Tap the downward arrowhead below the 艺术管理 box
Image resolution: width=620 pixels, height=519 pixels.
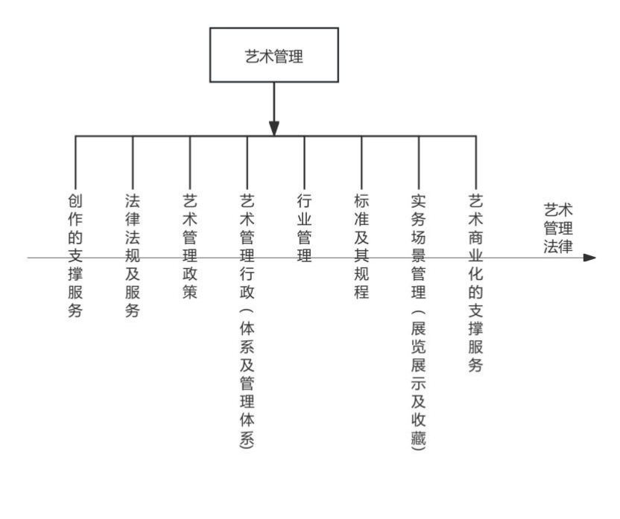click(x=274, y=128)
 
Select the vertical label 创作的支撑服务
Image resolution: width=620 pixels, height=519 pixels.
click(x=75, y=255)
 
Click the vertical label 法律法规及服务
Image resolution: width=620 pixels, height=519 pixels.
click(x=133, y=255)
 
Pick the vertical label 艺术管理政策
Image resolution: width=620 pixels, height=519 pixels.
click(x=190, y=246)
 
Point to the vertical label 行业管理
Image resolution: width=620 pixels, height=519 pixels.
click(x=305, y=229)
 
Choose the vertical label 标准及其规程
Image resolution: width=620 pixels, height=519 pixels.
click(x=361, y=246)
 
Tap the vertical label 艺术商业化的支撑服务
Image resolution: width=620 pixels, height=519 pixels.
click(x=475, y=283)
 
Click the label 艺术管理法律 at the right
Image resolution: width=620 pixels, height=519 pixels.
click(x=558, y=229)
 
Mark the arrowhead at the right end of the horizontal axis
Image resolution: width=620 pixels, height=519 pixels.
click(x=589, y=258)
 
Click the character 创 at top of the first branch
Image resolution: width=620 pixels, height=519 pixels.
click(x=75, y=201)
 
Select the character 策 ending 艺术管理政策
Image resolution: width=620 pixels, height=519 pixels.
click(x=190, y=293)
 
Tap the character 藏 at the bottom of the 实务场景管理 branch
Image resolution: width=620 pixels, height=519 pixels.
click(x=418, y=438)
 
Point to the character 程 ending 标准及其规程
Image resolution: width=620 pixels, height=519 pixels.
click(x=361, y=293)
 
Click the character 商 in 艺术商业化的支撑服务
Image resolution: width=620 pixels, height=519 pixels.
click(x=475, y=238)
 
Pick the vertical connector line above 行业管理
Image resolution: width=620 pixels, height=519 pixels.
click(x=305, y=162)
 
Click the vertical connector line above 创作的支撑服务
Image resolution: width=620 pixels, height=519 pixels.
click(x=75, y=162)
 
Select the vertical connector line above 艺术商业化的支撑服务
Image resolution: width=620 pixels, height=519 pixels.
click(x=475, y=162)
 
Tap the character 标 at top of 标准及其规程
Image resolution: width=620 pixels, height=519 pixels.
click(x=361, y=201)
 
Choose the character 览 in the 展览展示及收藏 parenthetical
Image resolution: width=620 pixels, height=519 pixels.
click(x=418, y=346)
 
